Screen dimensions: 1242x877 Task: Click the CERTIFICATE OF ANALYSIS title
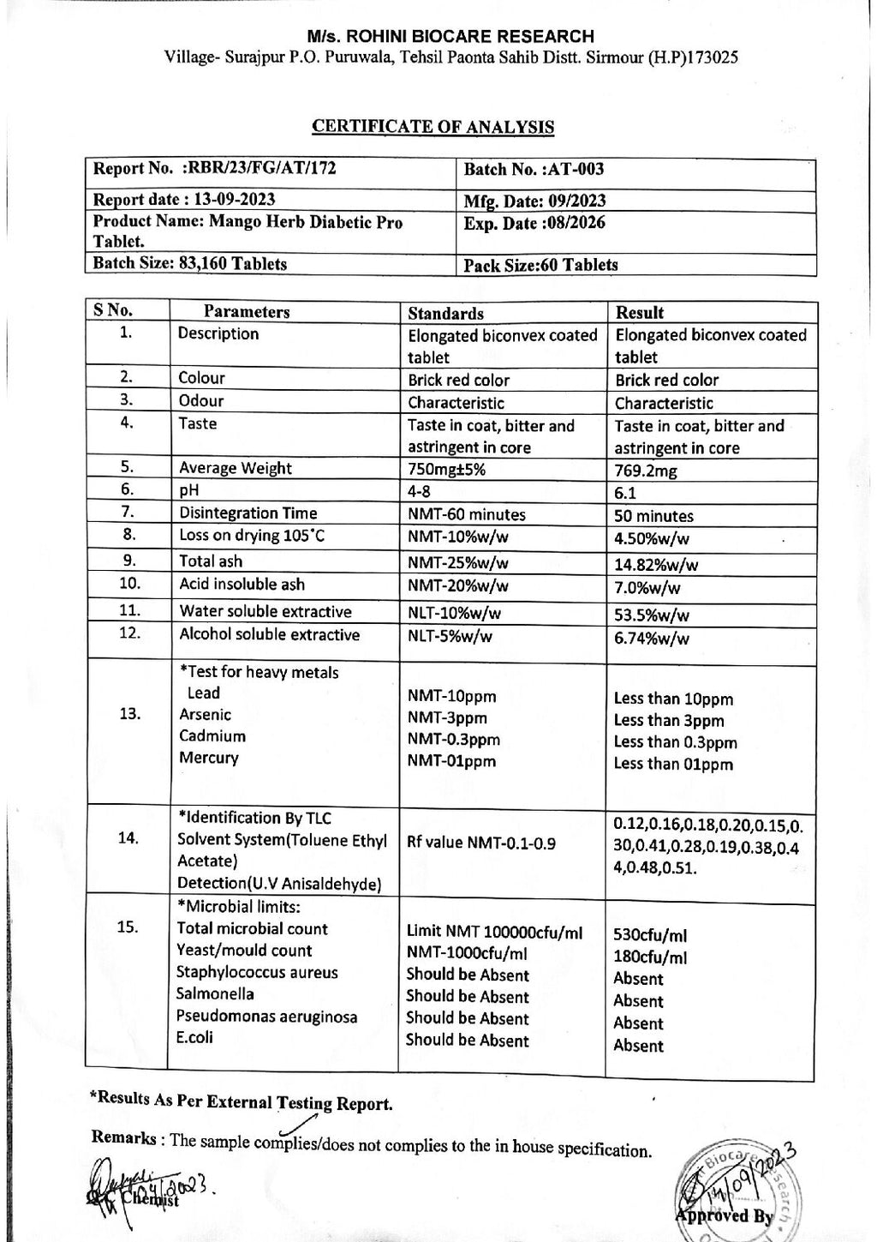pos(433,127)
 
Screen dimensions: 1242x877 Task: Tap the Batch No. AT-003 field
pos(534,170)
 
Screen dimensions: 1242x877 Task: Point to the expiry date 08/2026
pos(534,224)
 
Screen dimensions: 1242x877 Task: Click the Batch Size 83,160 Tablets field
pos(189,264)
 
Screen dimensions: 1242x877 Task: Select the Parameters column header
pos(247,312)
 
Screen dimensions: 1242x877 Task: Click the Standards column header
pos(445,314)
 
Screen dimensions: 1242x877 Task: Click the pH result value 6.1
pos(626,493)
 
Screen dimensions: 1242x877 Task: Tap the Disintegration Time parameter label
pos(248,513)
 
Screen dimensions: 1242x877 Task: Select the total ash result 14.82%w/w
pos(656,564)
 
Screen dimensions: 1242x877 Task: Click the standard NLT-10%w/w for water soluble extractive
pos(454,613)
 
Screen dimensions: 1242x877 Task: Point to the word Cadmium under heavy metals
pos(212,736)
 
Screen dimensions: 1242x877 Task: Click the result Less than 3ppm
pos(668,721)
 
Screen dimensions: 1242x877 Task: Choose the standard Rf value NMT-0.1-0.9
pos(481,843)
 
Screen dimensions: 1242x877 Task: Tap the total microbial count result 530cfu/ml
pos(650,936)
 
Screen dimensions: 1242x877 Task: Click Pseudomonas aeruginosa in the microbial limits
pos(266,1017)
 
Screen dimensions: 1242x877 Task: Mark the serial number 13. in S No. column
pos(129,714)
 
